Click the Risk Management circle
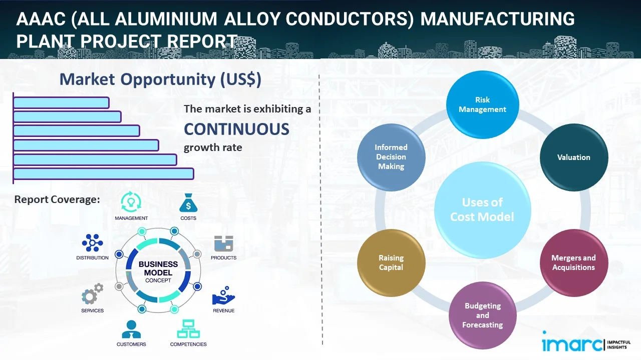pyautogui.click(x=482, y=105)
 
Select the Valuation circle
pyautogui.click(x=574, y=157)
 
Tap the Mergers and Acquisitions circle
pyautogui.click(x=574, y=262)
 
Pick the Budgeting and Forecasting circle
pyautogui.click(x=482, y=315)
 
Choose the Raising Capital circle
pyautogui.click(x=391, y=262)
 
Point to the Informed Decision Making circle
pyautogui.click(x=391, y=157)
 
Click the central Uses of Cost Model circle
pyautogui.click(x=482, y=209)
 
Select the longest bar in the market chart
pyautogui.click(x=103, y=173)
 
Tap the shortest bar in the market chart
pyautogui.click(x=61, y=102)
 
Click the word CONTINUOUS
pyautogui.click(x=236, y=129)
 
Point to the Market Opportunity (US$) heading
pyautogui.click(x=160, y=79)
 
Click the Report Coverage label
pyautogui.click(x=57, y=199)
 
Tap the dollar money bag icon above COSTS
pyautogui.click(x=188, y=203)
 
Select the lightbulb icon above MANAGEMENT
pyautogui.click(x=131, y=202)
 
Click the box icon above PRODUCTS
pyautogui.click(x=223, y=244)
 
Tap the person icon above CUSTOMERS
pyautogui.click(x=131, y=329)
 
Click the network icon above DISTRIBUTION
pyautogui.click(x=92, y=243)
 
